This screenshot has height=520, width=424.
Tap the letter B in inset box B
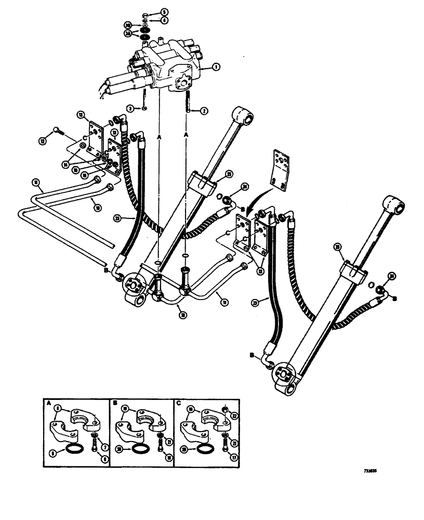coord(112,403)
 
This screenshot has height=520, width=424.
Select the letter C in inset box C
coord(179,403)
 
